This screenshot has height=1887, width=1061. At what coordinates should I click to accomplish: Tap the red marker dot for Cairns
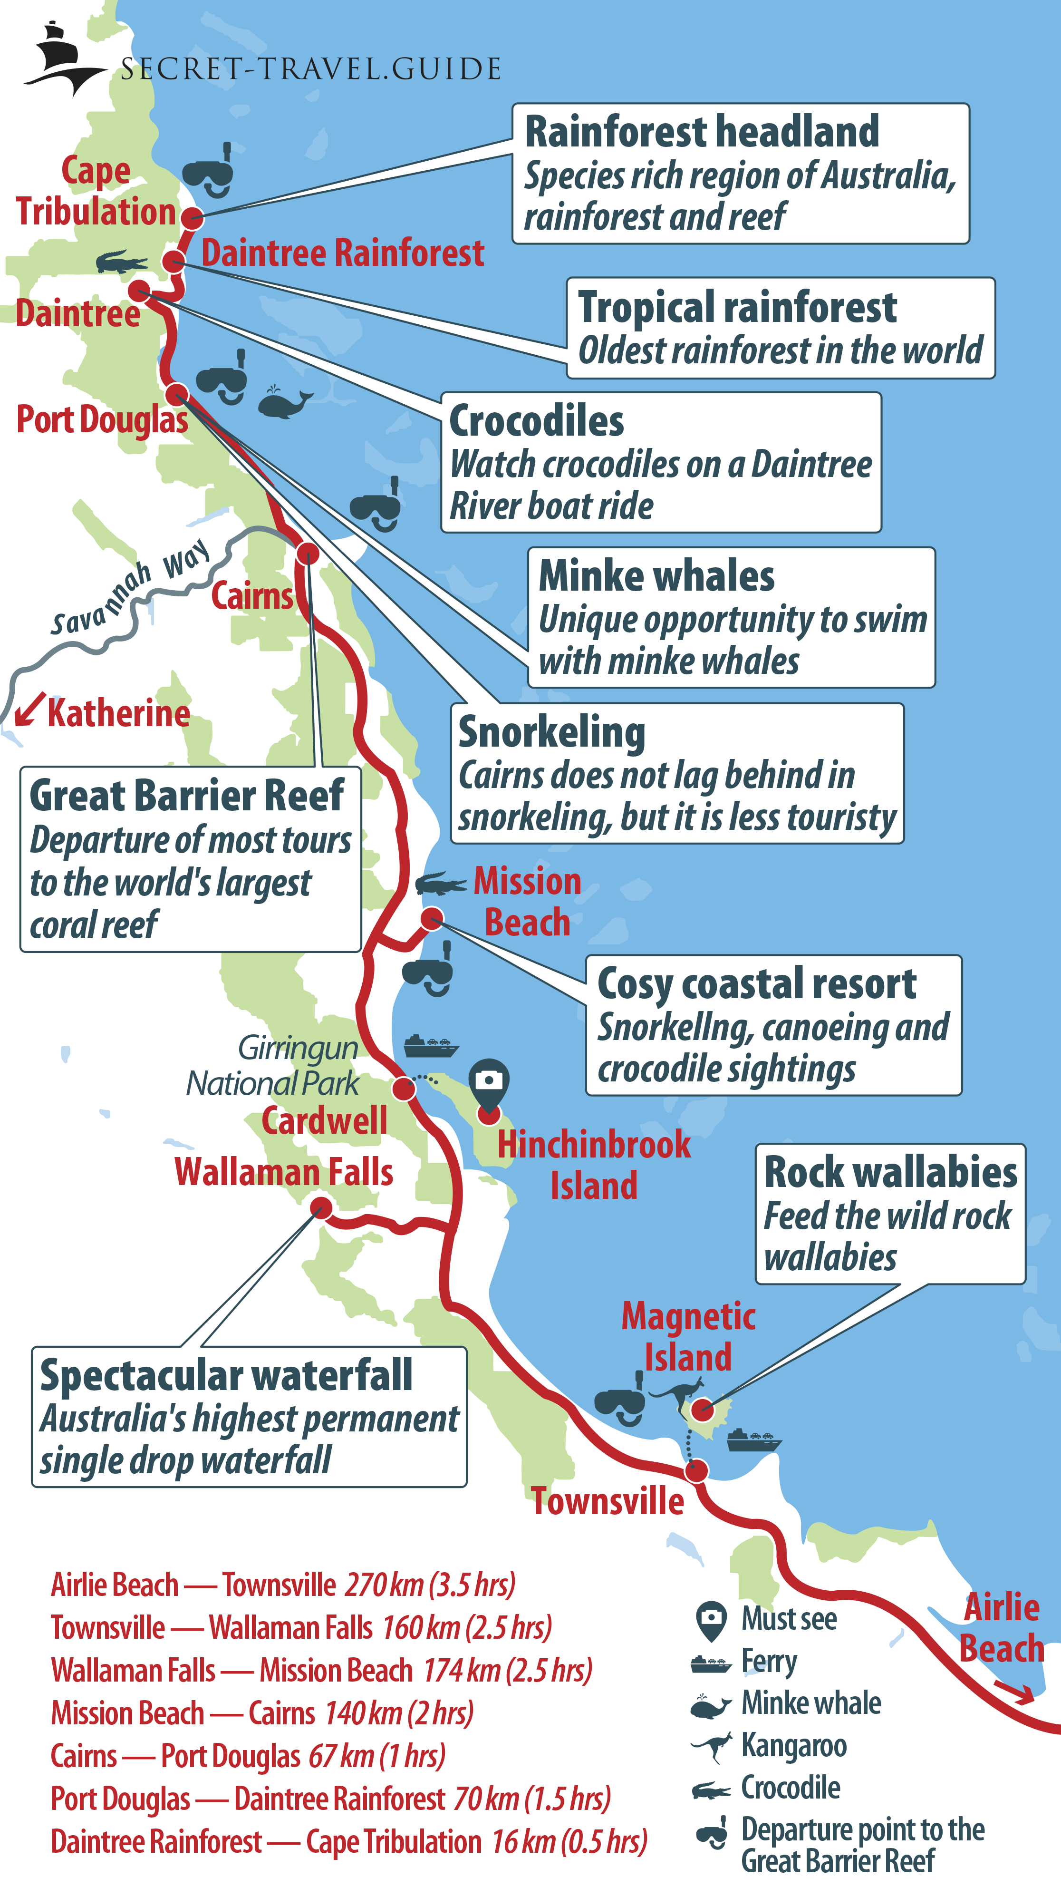click(x=308, y=552)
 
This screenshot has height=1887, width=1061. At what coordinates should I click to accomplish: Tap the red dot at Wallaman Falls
click(x=321, y=1208)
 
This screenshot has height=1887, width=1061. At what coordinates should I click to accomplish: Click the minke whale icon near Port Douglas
click(x=284, y=402)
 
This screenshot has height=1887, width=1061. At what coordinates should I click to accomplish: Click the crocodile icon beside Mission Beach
click(x=440, y=884)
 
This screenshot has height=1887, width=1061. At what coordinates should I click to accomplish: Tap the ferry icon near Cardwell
click(x=431, y=1045)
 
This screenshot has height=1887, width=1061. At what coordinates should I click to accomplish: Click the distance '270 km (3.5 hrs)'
click(x=430, y=1585)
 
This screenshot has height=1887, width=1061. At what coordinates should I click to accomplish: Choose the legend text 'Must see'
click(x=789, y=1619)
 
